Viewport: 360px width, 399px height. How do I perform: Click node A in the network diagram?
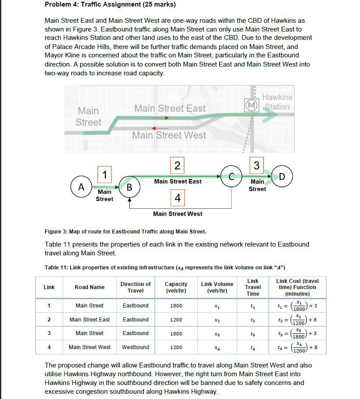(x=81, y=187)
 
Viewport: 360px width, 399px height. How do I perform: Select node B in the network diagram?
(x=129, y=187)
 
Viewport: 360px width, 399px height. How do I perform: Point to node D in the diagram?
(x=282, y=177)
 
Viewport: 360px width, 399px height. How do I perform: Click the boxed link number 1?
(x=104, y=175)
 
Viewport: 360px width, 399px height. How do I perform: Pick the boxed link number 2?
(x=177, y=165)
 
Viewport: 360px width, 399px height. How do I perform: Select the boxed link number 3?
(x=257, y=165)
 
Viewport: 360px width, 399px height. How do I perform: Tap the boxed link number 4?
(x=177, y=198)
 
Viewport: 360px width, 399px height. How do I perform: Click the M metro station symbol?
(x=251, y=105)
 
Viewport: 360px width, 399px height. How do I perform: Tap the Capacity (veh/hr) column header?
(x=176, y=287)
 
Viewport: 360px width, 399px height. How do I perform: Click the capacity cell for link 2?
(x=176, y=320)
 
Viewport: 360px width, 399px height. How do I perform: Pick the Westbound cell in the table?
(x=135, y=347)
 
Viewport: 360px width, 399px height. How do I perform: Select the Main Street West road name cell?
(x=89, y=347)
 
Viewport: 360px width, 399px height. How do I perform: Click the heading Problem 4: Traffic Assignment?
(x=110, y=5)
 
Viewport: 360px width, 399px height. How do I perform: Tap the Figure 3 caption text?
(x=125, y=231)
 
